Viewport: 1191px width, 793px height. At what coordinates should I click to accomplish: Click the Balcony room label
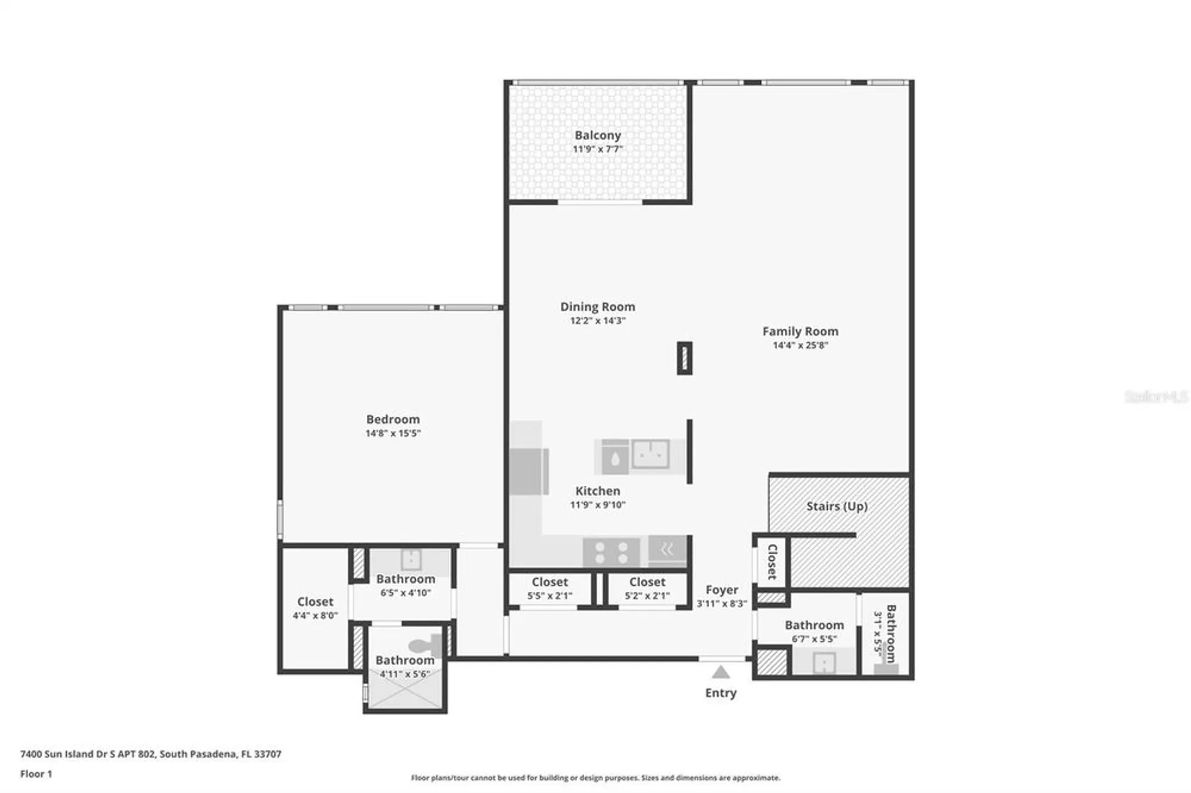click(x=597, y=136)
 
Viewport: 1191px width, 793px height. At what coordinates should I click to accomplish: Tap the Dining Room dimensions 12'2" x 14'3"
click(x=597, y=321)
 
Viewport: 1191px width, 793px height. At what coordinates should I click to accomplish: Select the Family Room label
click(x=800, y=332)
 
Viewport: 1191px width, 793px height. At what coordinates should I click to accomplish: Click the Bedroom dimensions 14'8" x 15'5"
click(x=392, y=433)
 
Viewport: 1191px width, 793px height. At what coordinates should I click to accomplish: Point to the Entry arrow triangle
click(x=721, y=673)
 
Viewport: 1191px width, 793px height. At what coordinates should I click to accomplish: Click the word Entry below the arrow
click(x=721, y=693)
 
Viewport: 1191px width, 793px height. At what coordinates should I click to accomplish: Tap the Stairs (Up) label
click(x=837, y=507)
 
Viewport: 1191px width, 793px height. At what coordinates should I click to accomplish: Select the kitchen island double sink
click(x=650, y=454)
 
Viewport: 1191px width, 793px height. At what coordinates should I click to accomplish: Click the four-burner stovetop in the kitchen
click(x=612, y=552)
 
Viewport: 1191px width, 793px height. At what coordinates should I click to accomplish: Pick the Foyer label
click(x=722, y=590)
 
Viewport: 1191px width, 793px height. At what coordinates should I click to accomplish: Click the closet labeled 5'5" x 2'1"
click(x=550, y=588)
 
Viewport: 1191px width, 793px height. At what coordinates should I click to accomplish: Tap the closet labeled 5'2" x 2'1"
click(x=647, y=588)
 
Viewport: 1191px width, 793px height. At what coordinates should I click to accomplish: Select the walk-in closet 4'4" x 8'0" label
click(x=315, y=608)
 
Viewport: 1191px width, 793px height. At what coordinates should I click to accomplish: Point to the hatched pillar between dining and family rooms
click(x=685, y=358)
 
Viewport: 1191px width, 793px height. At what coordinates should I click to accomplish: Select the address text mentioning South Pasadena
click(x=151, y=754)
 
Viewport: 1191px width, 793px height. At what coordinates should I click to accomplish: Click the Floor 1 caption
click(x=36, y=774)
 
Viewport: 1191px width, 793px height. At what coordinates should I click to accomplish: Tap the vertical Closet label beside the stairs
click(x=772, y=561)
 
